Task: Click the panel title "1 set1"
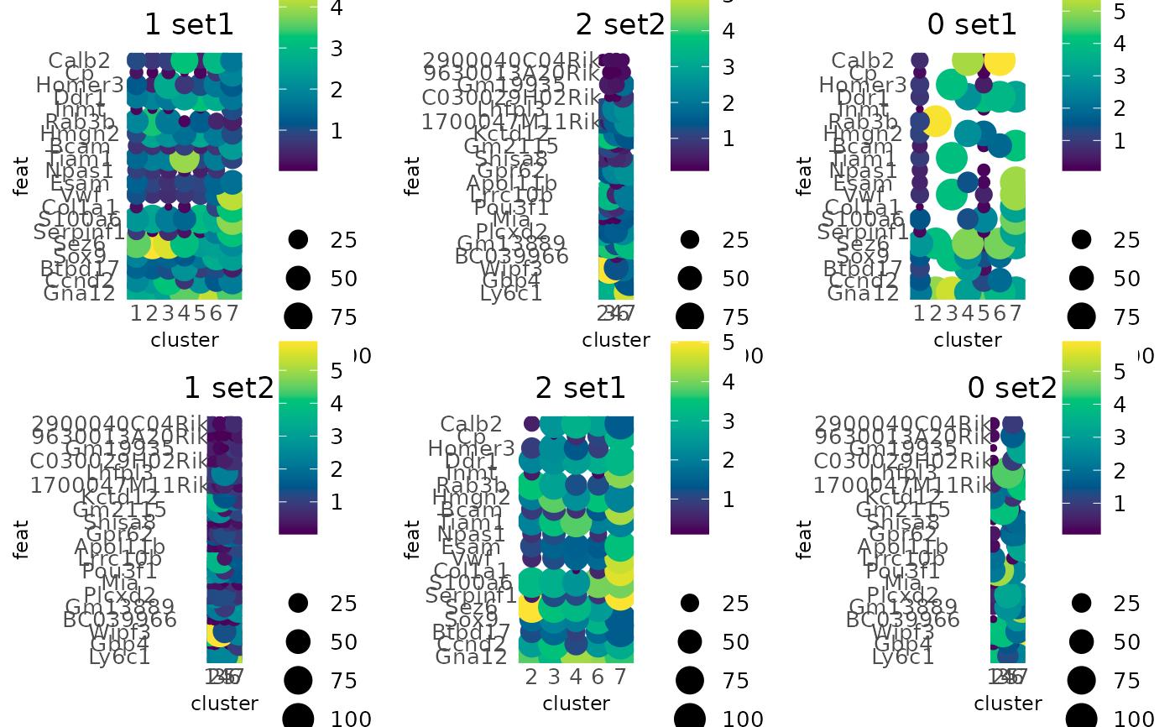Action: click(189, 24)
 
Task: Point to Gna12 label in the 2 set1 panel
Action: click(471, 656)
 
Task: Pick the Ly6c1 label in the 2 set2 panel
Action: click(511, 293)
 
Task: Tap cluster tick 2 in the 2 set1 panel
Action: click(530, 677)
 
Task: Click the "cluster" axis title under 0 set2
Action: click(1008, 703)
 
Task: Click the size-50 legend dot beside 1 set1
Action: click(298, 278)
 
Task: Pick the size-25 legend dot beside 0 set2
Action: click(1081, 603)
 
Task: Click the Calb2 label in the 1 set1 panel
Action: click(79, 60)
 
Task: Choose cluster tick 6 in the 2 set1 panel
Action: click(597, 677)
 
